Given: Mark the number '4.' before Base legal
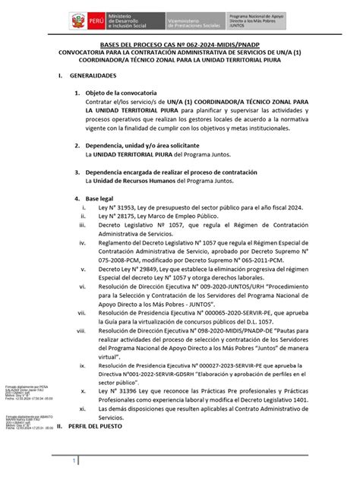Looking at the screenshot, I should (75, 196).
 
